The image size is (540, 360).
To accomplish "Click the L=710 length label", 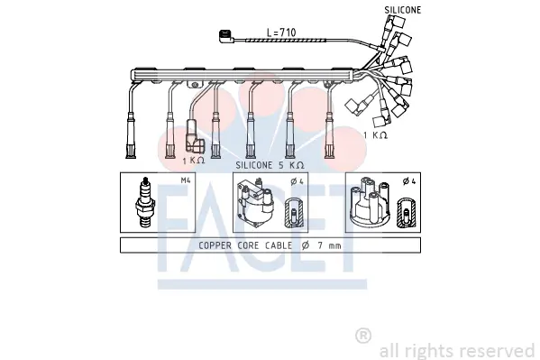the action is (281, 32).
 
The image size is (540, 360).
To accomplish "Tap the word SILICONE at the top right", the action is (403, 10).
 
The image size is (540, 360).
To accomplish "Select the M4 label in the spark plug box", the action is (186, 180).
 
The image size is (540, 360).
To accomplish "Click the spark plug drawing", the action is (145, 202).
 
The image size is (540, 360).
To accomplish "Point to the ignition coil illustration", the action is (255, 202).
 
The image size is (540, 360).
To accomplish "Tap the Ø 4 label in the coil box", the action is (297, 181).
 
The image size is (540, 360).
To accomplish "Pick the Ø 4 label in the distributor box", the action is (409, 181).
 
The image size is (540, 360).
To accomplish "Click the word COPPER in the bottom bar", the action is (215, 245).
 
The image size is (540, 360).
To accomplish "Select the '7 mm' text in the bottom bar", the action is (329, 245).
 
